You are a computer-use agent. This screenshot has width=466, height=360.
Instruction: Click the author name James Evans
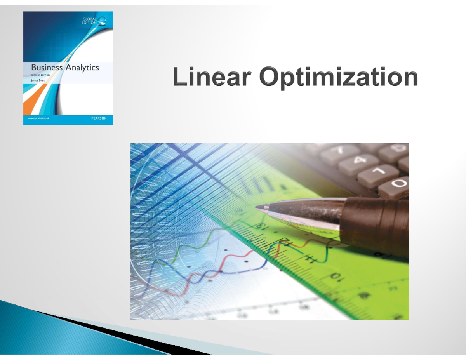pos(38,80)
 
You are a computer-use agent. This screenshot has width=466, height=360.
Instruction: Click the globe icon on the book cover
pos(103,21)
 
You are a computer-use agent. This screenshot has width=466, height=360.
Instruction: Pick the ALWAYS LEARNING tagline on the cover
pos(38,119)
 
